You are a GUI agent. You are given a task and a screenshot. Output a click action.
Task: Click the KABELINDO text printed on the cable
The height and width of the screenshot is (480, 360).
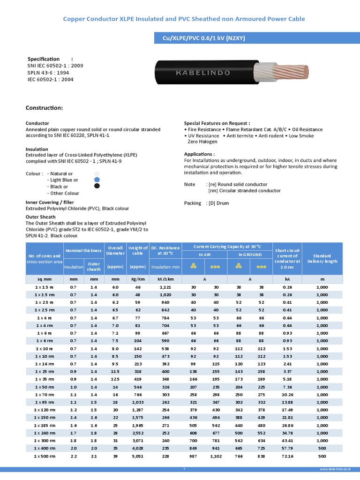point(202,73)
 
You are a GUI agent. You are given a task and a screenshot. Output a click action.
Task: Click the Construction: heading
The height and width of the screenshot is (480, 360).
point(44,108)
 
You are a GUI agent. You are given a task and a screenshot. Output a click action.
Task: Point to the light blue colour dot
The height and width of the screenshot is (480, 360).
point(97,180)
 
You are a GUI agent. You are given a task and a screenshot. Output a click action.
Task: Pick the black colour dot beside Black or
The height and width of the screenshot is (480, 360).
point(97,186)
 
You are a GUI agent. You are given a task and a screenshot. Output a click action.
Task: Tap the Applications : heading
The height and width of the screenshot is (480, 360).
point(199,154)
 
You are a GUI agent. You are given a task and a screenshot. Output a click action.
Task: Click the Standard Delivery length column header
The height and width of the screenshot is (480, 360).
point(322,258)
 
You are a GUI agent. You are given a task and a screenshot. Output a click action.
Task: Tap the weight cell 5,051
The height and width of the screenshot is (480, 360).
point(138,456)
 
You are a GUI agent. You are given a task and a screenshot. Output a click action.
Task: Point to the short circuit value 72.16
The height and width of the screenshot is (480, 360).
point(288,456)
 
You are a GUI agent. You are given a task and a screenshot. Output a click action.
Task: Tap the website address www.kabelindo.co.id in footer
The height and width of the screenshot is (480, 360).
point(335,469)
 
